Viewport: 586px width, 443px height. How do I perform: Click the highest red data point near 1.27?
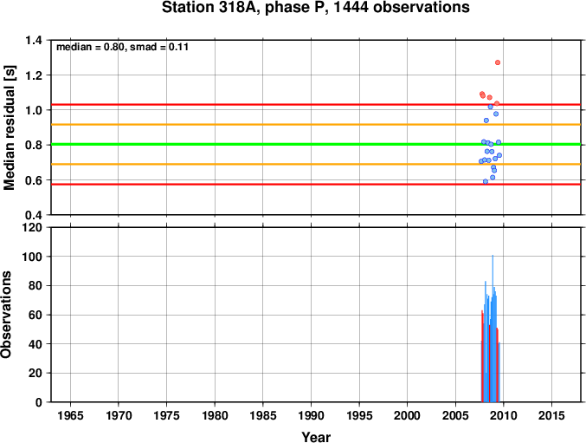click(498, 62)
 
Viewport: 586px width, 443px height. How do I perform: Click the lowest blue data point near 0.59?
click(486, 181)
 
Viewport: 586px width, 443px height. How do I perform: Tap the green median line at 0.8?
click(316, 144)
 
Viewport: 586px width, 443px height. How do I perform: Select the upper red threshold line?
click(316, 104)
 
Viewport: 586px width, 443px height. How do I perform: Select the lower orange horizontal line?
click(316, 164)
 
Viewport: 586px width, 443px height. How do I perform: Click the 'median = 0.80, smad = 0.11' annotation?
click(122, 47)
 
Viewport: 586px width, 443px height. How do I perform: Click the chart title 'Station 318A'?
click(211, 8)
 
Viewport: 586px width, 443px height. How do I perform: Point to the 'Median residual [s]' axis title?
click(9, 127)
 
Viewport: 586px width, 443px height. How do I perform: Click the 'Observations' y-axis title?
click(6, 315)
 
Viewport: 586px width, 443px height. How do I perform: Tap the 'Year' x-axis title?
click(316, 437)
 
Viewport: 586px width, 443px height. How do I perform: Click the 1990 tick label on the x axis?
click(311, 415)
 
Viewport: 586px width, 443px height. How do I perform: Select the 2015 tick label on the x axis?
click(551, 415)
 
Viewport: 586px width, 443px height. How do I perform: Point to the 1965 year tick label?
click(70, 415)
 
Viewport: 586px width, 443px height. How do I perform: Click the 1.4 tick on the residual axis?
click(33, 40)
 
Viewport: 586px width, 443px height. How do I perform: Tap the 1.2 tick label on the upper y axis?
click(33, 75)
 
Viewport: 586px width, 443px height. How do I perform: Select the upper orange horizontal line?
click(316, 124)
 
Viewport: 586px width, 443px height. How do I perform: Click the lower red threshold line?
click(316, 184)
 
